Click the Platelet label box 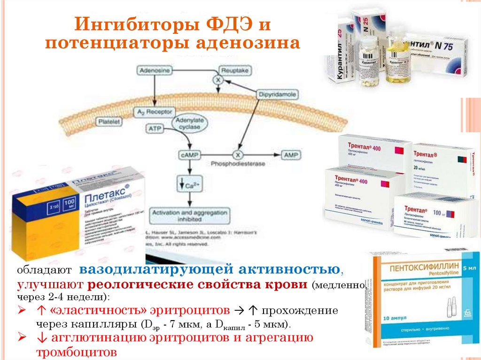[x=109, y=122]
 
